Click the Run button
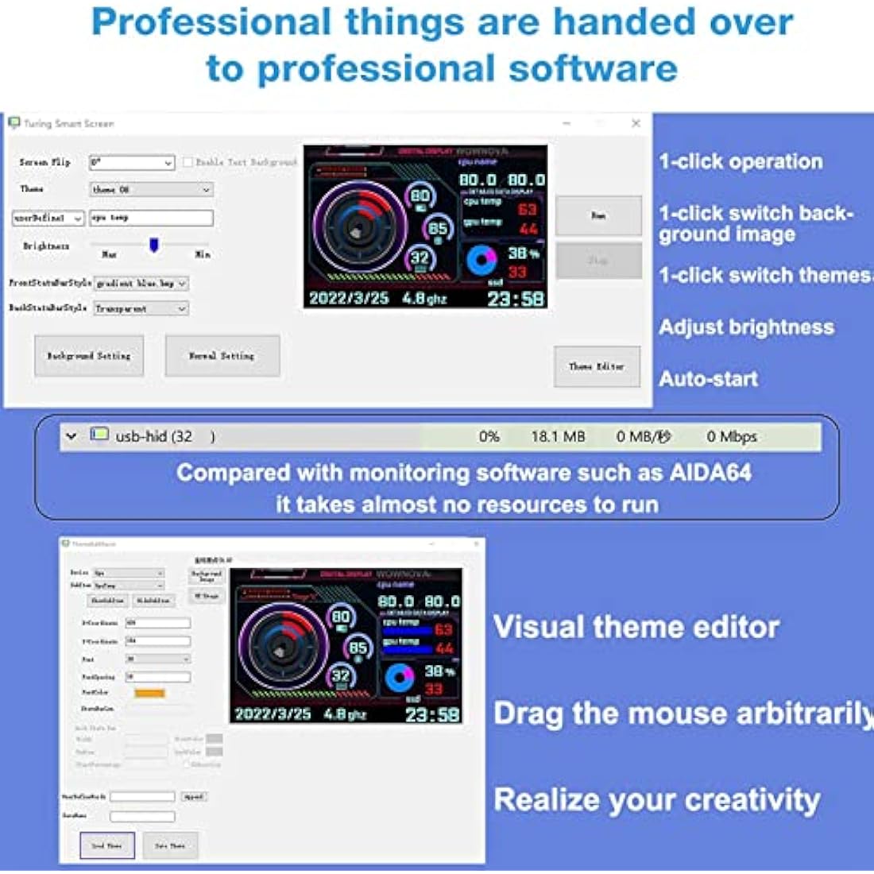[x=598, y=215]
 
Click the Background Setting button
[x=89, y=356]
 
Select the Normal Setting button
[x=222, y=356]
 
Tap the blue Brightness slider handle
[x=154, y=245]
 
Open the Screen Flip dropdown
[x=132, y=162]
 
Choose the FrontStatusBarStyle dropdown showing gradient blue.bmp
[x=141, y=283]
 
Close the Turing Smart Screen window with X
[x=636, y=123]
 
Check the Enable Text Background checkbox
[x=188, y=162]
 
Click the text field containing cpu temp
[x=151, y=218]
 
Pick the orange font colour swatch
[x=149, y=693]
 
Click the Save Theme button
[x=170, y=846]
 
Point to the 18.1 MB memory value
[x=558, y=436]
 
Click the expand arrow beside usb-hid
[x=72, y=436]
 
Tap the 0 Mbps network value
[x=732, y=436]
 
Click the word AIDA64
[x=710, y=473]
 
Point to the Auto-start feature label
[x=708, y=379]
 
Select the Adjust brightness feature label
[x=746, y=327]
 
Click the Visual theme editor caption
[x=636, y=627]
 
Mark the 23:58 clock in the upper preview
[x=516, y=299]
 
